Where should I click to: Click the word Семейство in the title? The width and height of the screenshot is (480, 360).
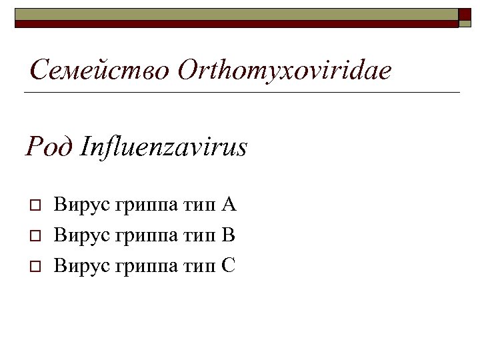pos(100,70)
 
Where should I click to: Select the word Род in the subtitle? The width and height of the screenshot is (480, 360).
pos(48,146)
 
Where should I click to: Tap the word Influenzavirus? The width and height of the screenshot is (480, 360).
pos(163,146)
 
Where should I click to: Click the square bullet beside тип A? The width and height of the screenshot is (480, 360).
pos(35,205)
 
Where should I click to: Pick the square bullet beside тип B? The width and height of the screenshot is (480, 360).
pos(35,235)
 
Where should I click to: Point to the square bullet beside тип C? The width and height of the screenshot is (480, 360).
pos(35,266)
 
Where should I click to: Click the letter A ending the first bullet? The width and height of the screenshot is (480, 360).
pos(229,204)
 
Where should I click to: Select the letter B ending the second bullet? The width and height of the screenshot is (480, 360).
pos(229,235)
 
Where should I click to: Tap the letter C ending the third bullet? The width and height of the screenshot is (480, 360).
pos(229,265)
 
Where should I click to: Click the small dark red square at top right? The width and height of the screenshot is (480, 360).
pos(465,14)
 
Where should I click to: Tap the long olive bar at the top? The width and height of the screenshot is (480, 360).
pos(237,14)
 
